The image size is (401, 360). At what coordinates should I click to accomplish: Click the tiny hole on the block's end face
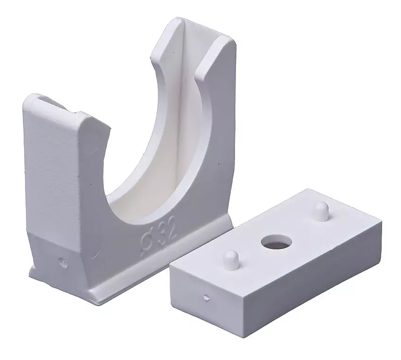206,297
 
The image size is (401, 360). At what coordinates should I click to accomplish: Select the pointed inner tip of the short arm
111,127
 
